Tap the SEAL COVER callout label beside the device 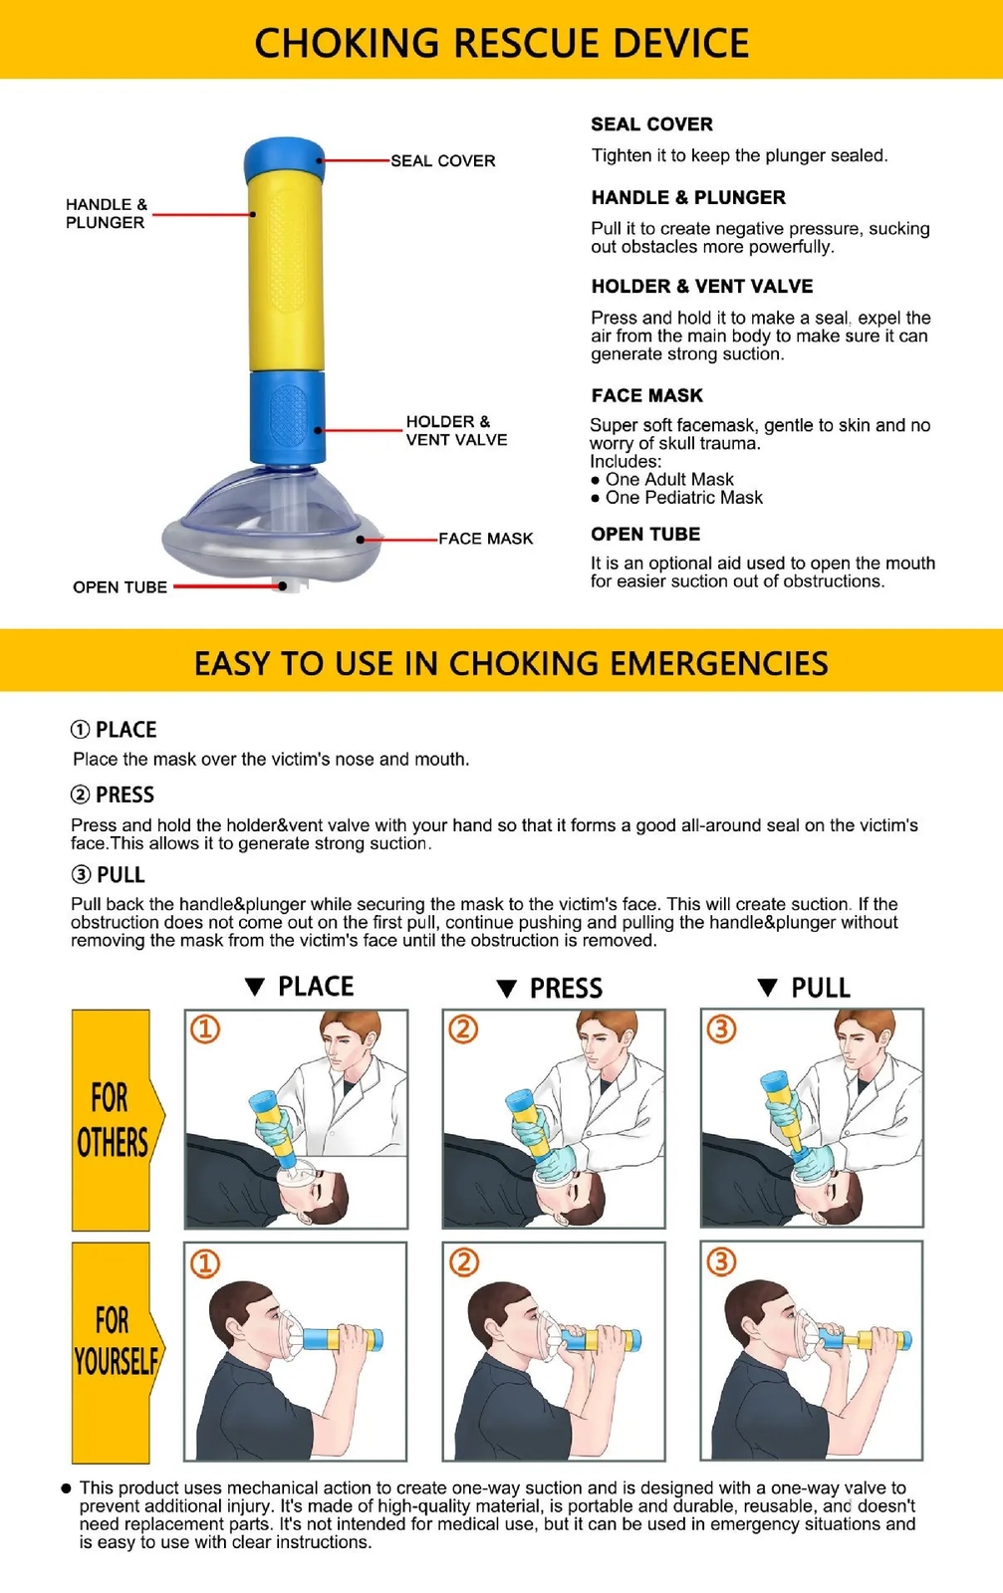(x=442, y=160)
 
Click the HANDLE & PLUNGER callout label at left (x=106, y=213)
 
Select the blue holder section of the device (x=286, y=416)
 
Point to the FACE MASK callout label (x=485, y=539)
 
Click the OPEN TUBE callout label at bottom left (x=120, y=587)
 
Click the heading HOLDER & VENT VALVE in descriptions (x=701, y=287)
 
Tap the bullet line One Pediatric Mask (x=683, y=498)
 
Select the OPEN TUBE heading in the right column (x=644, y=535)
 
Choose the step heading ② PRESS (x=113, y=796)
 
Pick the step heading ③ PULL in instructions (x=109, y=875)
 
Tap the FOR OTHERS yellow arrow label (x=113, y=1120)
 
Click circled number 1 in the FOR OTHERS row (x=205, y=1028)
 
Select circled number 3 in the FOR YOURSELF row (x=721, y=1261)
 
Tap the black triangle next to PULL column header (x=767, y=988)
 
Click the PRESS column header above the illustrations (x=566, y=989)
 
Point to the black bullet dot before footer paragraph (x=66, y=1488)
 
